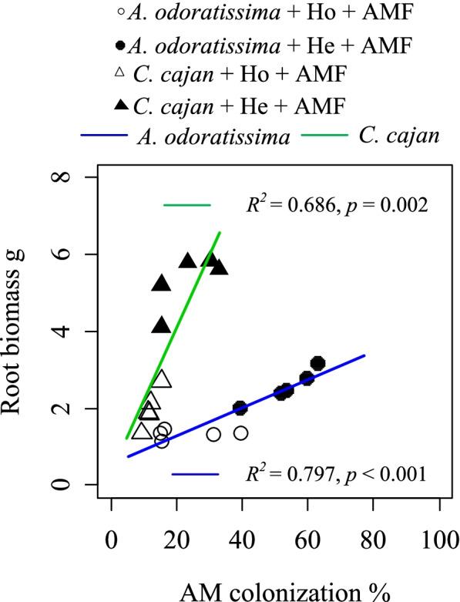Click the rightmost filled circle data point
click(x=317, y=363)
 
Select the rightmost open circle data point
click(x=241, y=433)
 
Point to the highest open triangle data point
click(x=161, y=378)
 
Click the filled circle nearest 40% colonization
click(x=240, y=408)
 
